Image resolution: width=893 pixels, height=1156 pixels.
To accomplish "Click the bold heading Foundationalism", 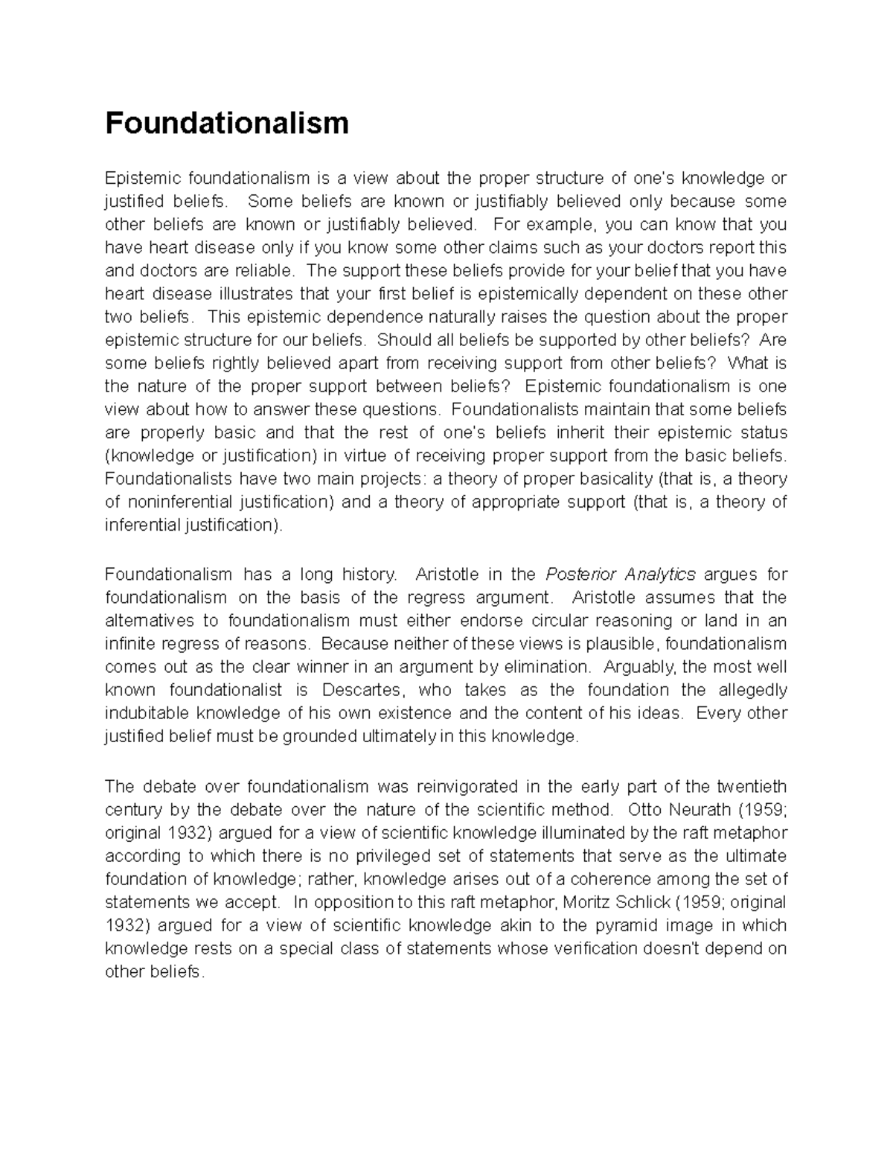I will (226, 123).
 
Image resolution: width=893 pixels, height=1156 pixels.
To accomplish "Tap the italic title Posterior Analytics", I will (621, 574).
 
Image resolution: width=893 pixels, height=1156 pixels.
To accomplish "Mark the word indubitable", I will (147, 712).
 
